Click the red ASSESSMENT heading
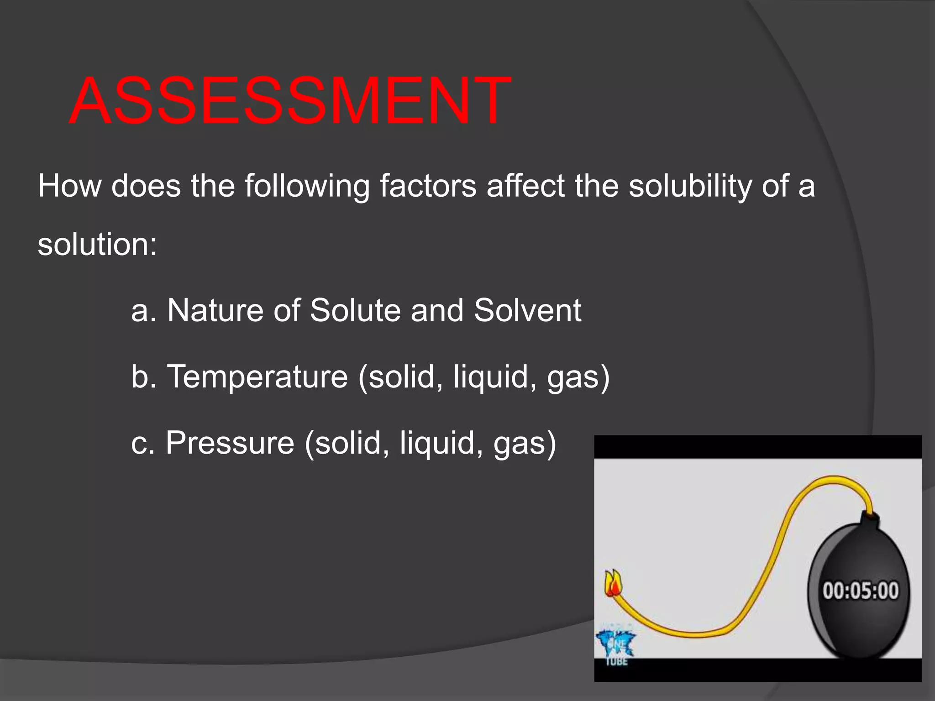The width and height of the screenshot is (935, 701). (290, 101)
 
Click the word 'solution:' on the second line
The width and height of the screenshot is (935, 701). (97, 244)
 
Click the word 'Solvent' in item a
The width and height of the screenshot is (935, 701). (527, 311)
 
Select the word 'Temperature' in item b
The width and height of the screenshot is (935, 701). (257, 377)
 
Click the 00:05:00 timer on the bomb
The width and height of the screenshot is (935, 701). (861, 591)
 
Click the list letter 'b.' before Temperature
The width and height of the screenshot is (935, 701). (144, 377)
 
